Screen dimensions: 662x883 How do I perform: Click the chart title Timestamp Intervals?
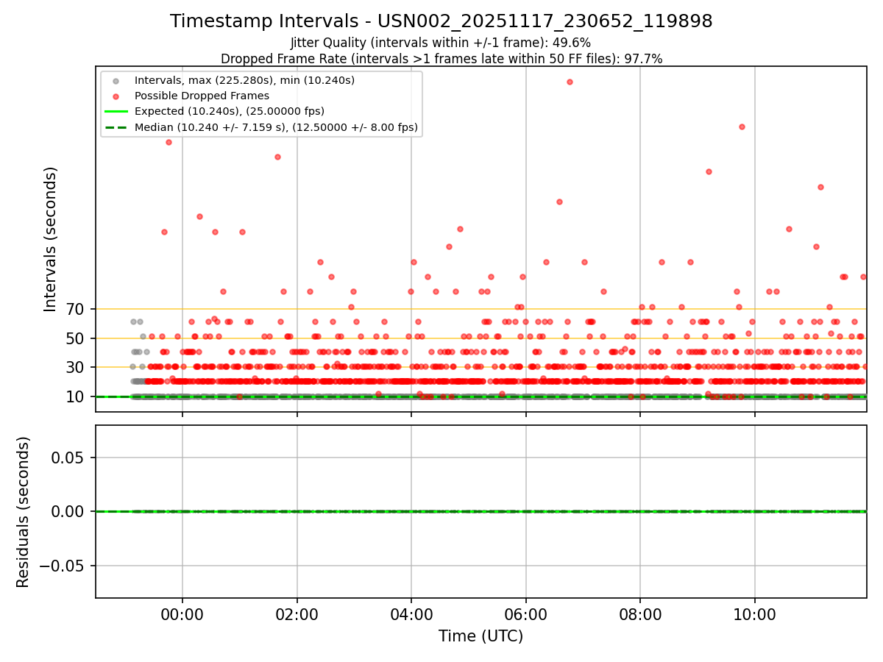point(441,21)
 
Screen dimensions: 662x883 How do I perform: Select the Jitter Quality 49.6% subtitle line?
point(441,43)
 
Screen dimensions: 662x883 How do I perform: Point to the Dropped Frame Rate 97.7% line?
point(441,59)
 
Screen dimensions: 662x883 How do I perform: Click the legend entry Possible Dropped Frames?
point(202,96)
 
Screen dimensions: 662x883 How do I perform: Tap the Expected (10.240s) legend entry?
point(229,111)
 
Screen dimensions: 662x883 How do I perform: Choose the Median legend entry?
point(276,127)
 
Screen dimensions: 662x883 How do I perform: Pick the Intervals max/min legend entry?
point(244,80)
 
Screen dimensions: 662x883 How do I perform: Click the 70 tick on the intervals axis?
point(76,309)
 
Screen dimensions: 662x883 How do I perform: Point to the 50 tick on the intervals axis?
point(76,338)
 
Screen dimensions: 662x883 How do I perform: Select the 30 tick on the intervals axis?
point(76,367)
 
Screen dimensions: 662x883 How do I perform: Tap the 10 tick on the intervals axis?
point(76,396)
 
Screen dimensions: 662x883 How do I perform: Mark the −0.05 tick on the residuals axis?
point(65,566)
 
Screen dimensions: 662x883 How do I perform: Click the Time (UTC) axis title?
point(480,636)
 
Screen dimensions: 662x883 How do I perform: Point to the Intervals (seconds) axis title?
point(50,239)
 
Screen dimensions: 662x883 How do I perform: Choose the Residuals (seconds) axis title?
point(24,512)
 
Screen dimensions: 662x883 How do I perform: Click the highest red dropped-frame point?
point(570,82)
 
